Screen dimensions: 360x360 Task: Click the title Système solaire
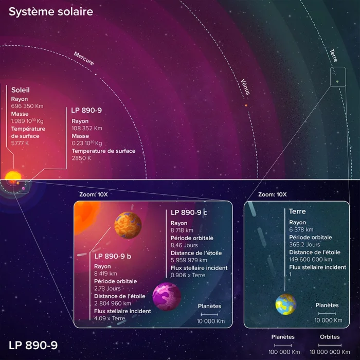tap(51, 12)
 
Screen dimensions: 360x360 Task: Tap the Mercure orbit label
tap(84, 58)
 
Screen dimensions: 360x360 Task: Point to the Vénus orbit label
tap(245, 87)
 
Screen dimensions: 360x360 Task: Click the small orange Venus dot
tap(246, 105)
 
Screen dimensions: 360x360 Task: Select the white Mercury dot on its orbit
tap(96, 75)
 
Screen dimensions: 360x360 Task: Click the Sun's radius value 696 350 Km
tap(27, 106)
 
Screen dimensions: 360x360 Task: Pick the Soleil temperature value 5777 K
tap(20, 143)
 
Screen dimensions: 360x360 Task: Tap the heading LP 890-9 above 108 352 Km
tap(86, 110)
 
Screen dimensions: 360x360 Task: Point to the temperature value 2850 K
tap(81, 158)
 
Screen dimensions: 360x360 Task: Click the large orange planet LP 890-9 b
tap(128, 225)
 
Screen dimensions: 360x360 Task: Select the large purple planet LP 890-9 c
tap(167, 296)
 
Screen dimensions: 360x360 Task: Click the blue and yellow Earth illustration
tap(286, 304)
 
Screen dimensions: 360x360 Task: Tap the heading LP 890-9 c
tap(189, 212)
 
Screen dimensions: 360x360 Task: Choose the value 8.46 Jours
tap(184, 245)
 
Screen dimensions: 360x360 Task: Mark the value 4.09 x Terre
tap(110, 318)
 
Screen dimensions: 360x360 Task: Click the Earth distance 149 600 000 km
tap(311, 259)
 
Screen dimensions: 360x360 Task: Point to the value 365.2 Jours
tap(304, 244)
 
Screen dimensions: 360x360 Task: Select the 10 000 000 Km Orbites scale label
tap(330, 352)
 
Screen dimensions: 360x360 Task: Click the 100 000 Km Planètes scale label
tap(284, 352)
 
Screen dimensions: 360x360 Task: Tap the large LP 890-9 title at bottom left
tap(33, 345)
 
